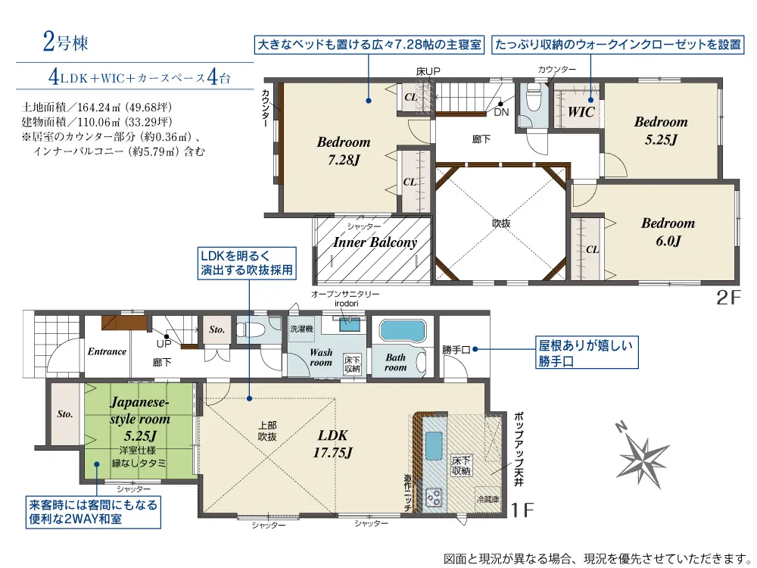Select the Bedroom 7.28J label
tap(344, 150)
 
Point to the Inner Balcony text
tap(375, 243)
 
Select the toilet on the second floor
tap(533, 98)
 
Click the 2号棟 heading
tap(66, 42)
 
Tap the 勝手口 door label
tap(456, 350)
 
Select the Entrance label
tap(107, 351)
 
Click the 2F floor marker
tap(728, 298)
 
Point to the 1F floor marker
tap(523, 510)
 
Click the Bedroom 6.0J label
tap(668, 232)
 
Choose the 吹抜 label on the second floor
tap(501, 223)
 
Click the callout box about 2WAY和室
tap(94, 513)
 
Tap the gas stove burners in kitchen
tap(434, 497)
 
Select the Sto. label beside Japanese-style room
tap(64, 414)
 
